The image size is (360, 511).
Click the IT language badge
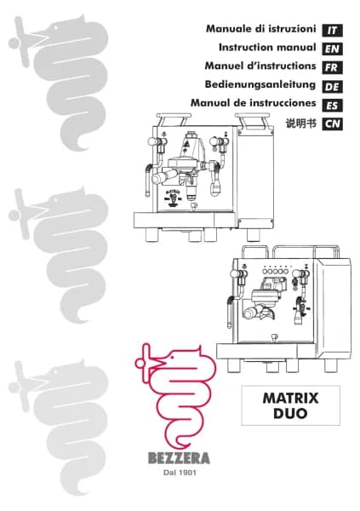[333, 30]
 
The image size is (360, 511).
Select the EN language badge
[333, 49]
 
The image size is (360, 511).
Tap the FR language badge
[333, 67]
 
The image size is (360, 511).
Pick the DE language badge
[333, 87]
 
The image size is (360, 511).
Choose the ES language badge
[333, 106]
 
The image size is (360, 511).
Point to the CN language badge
[333, 124]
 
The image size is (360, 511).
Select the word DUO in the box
[290, 416]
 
